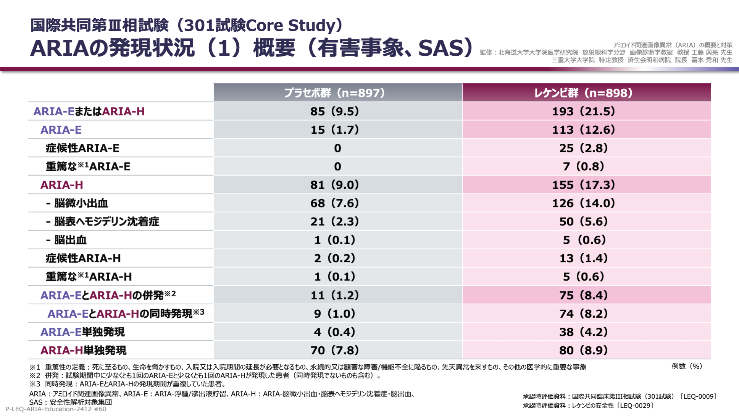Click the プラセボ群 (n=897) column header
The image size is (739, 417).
tap(334, 93)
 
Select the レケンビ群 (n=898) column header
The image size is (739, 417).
tap(583, 93)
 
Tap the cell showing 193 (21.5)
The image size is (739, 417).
tap(583, 112)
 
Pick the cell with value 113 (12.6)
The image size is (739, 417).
tap(583, 130)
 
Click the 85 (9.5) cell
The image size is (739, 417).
tap(334, 112)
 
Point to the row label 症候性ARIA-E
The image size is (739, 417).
tap(82, 148)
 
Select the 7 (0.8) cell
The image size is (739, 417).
tap(583, 166)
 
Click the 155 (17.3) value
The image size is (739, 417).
tap(583, 185)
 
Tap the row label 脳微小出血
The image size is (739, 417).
tap(81, 203)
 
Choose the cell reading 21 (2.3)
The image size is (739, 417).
tap(334, 221)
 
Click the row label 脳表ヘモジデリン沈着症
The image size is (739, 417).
tap(106, 221)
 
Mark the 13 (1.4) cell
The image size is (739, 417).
tap(583, 259)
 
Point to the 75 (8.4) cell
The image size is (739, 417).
tap(583, 295)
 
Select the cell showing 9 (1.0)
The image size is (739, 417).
tap(334, 314)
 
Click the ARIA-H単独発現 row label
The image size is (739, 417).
tap(83, 350)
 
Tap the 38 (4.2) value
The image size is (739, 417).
tap(583, 332)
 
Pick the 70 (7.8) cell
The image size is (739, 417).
tap(334, 350)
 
